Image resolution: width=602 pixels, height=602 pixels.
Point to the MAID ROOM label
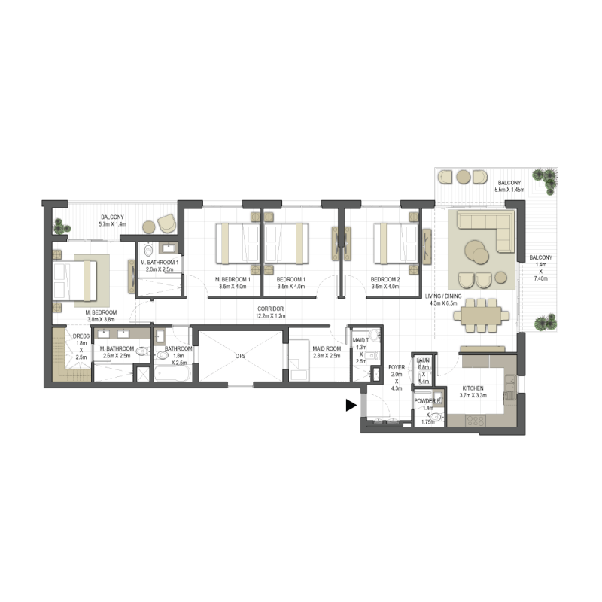point(327,349)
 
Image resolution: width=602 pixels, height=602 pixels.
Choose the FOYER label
point(397,369)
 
